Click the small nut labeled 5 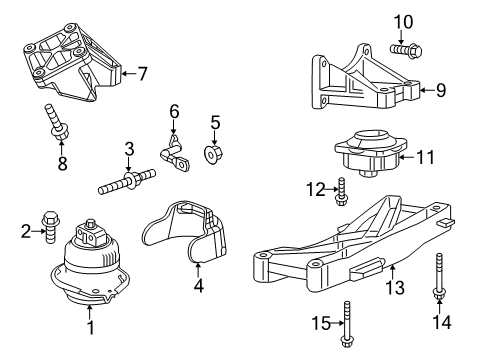(213, 154)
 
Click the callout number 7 (142, 73)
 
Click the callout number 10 (402, 20)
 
